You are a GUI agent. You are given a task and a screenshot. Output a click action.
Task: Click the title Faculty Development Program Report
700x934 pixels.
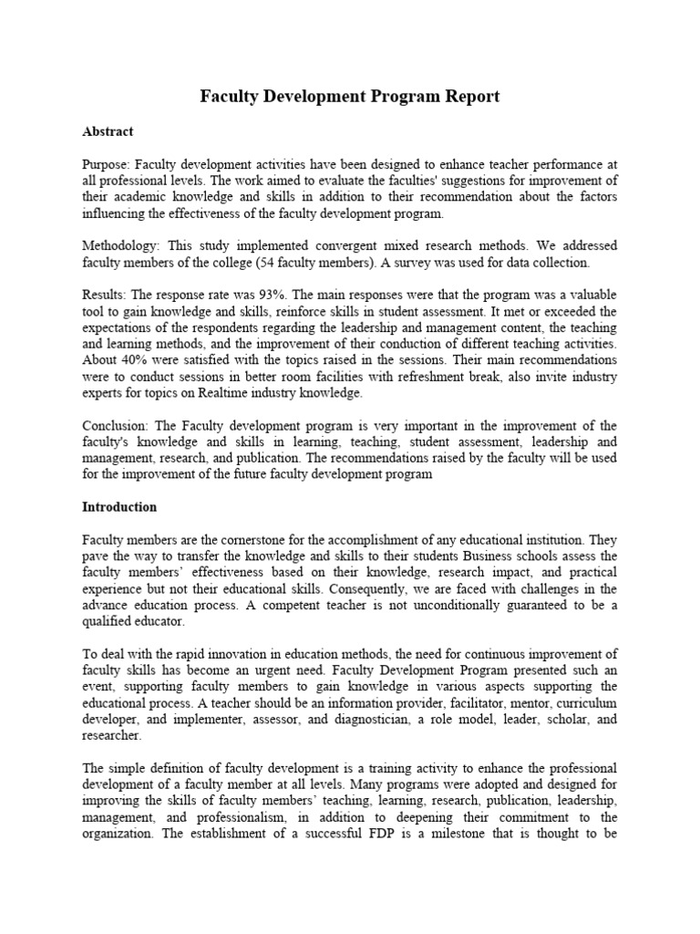[x=350, y=96]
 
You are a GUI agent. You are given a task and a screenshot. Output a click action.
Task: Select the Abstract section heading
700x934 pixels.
[x=108, y=131]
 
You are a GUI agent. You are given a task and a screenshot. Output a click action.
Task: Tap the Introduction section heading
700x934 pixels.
[x=119, y=506]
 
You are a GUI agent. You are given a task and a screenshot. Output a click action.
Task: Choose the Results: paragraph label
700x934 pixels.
[x=107, y=296]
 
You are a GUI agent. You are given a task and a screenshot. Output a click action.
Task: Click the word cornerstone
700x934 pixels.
[x=252, y=539]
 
